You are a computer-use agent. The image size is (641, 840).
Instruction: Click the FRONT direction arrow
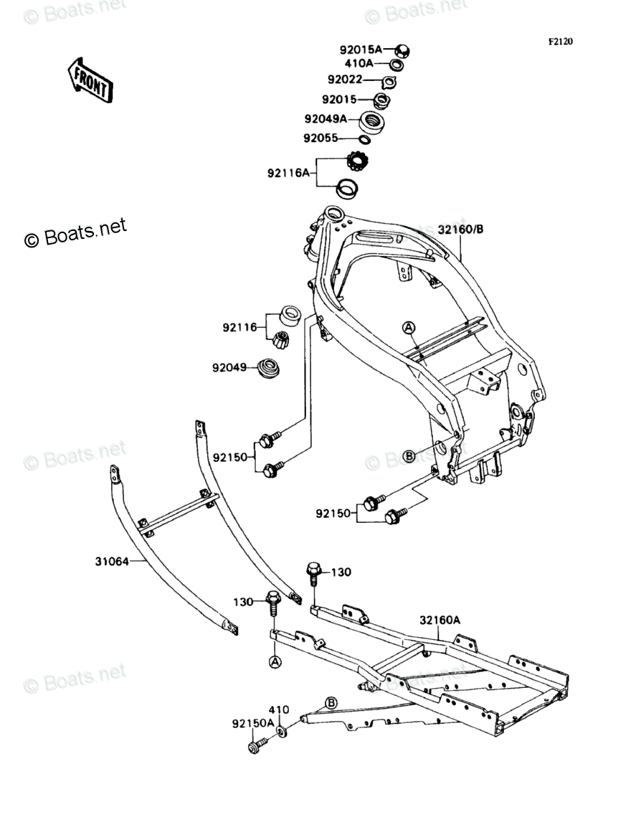pyautogui.click(x=90, y=80)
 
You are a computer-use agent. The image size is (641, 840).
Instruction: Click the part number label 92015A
pyautogui.click(x=361, y=49)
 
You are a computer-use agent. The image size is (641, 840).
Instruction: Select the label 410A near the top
pyautogui.click(x=359, y=63)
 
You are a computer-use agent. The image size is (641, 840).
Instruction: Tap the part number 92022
pyautogui.click(x=345, y=80)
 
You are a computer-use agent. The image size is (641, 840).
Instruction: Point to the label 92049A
pyautogui.click(x=326, y=119)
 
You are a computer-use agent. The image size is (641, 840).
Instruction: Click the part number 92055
pyautogui.click(x=320, y=138)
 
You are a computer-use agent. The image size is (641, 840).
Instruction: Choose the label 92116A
pyautogui.click(x=289, y=173)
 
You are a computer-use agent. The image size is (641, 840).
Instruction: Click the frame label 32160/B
pyautogui.click(x=460, y=230)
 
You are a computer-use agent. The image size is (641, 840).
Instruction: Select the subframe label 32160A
pyautogui.click(x=440, y=620)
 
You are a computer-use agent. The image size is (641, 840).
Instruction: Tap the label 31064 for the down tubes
pyautogui.click(x=112, y=562)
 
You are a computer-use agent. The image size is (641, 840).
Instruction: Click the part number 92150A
pyautogui.click(x=253, y=723)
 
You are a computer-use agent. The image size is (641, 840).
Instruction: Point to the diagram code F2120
pyautogui.click(x=560, y=42)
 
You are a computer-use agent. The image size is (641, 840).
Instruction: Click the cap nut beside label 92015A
pyautogui.click(x=402, y=51)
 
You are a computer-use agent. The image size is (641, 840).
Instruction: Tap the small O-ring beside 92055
pyautogui.click(x=365, y=141)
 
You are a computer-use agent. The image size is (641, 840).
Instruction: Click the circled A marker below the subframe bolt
pyautogui.click(x=275, y=663)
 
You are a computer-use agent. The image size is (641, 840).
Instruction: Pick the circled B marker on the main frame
pyautogui.click(x=409, y=456)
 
